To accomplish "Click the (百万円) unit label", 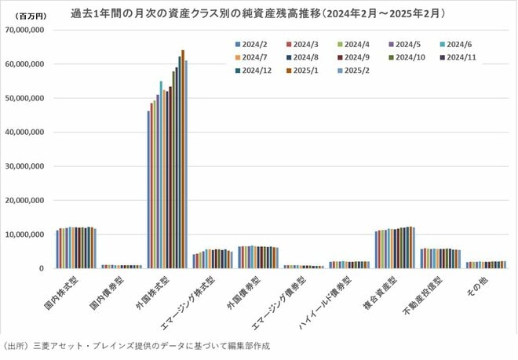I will coord(29,15).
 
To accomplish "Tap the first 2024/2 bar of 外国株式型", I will coord(148,189).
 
